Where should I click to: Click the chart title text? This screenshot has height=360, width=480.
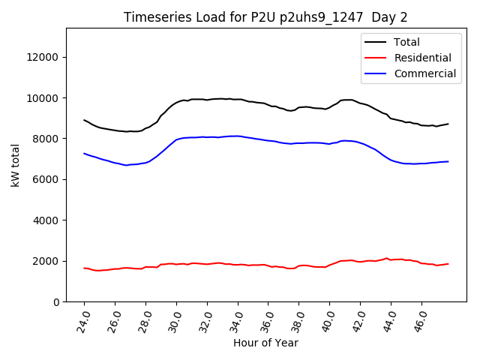click(265, 17)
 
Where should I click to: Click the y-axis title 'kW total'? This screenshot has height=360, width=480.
click(16, 165)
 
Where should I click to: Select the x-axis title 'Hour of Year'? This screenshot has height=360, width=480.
click(265, 343)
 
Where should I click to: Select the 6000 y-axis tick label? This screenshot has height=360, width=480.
click(47, 180)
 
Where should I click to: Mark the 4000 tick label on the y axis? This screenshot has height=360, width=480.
click(47, 220)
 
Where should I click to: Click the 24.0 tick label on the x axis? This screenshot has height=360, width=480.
click(83, 321)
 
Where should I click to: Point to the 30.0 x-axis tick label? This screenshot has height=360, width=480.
click(175, 321)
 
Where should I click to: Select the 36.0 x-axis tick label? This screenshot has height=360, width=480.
click(268, 321)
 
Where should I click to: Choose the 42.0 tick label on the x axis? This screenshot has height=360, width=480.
click(360, 321)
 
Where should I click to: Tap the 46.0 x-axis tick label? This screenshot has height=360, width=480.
click(421, 321)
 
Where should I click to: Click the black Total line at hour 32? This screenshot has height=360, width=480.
click(208, 99)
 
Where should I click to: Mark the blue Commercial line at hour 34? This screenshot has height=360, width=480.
click(238, 136)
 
